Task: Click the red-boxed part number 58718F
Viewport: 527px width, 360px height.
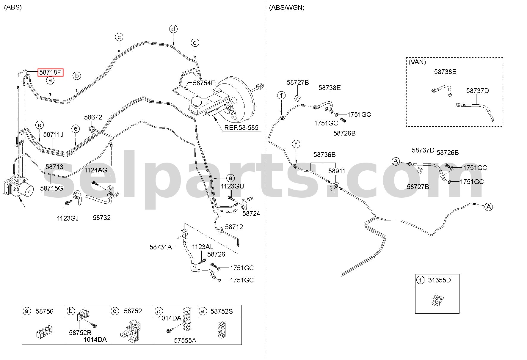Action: tap(50, 72)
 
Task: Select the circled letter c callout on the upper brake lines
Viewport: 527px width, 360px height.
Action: tap(119, 37)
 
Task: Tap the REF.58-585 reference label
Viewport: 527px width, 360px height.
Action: tap(241, 128)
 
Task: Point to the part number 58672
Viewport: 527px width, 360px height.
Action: tap(93, 117)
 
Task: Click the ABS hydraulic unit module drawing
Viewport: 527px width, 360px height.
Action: tap(18, 187)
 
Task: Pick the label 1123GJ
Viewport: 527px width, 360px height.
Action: tap(68, 218)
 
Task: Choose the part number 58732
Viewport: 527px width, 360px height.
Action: tap(102, 218)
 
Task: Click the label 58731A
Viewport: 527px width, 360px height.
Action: tap(161, 247)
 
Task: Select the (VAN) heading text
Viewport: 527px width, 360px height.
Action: tap(417, 62)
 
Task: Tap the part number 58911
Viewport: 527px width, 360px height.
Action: tap(337, 171)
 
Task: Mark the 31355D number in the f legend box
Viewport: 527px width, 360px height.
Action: tap(439, 280)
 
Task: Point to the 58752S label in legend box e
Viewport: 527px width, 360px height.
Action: tap(222, 311)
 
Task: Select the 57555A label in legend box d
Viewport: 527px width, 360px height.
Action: tap(185, 340)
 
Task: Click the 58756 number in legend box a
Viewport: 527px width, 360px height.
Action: tap(45, 311)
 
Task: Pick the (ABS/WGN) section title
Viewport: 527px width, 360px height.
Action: tap(287, 8)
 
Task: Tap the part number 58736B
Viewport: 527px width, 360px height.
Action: tap(324, 155)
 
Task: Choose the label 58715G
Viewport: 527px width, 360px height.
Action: tap(51, 188)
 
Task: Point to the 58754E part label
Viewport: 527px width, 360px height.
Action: tap(204, 83)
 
